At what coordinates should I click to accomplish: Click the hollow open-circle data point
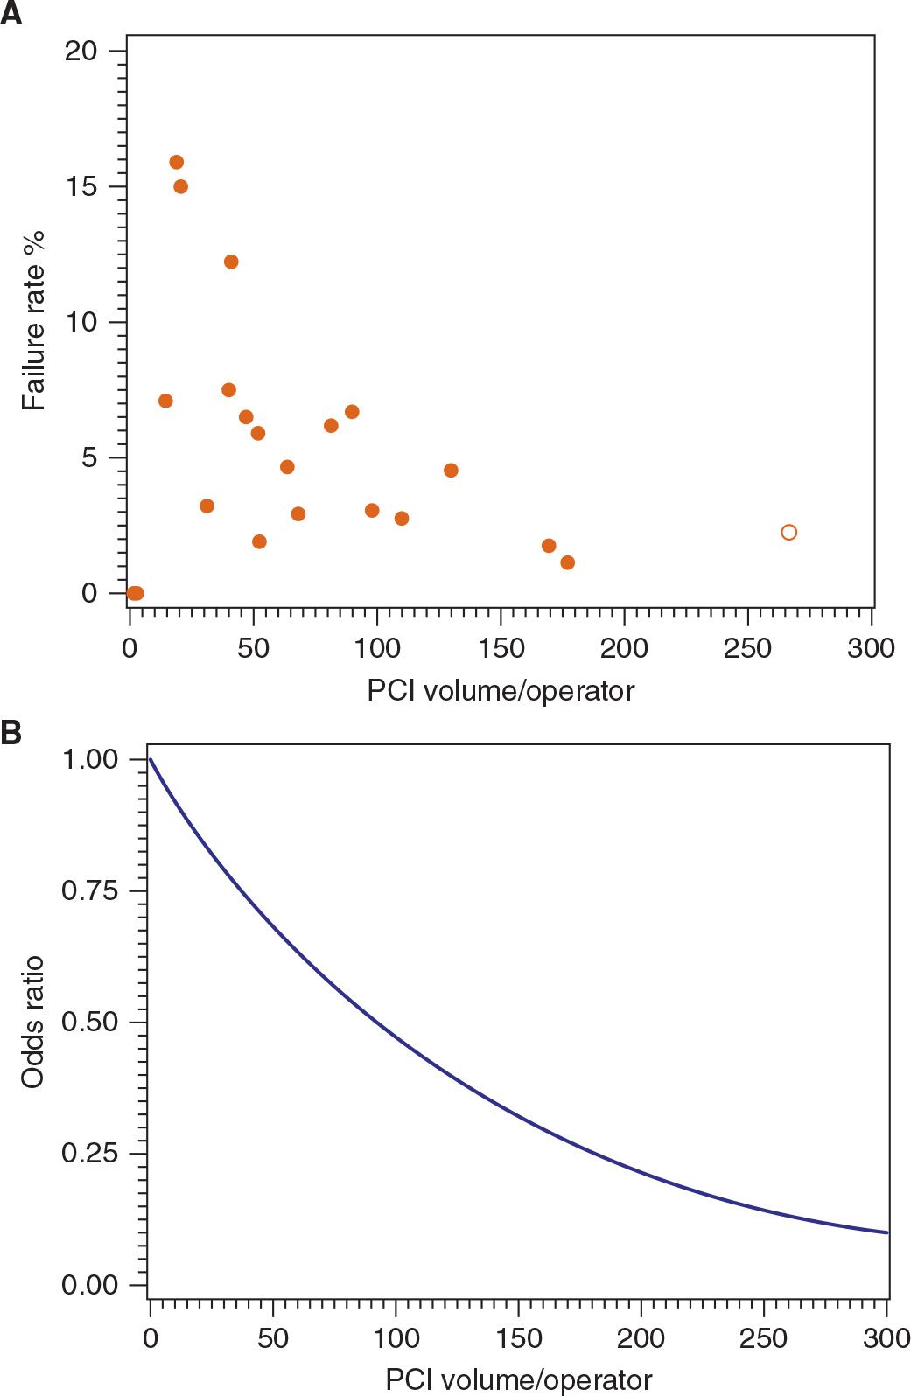click(788, 533)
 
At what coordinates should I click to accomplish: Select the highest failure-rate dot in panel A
click(177, 163)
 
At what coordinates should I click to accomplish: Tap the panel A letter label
click(11, 15)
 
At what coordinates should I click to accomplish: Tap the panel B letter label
click(11, 732)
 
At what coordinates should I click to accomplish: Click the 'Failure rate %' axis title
click(33, 321)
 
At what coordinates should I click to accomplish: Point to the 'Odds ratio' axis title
click(33, 1022)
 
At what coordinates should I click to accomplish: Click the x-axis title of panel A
click(501, 691)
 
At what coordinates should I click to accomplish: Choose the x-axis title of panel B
click(519, 1380)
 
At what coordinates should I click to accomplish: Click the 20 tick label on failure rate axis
click(81, 51)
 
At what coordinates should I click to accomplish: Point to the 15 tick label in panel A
click(81, 186)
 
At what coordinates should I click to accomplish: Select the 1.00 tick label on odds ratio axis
click(89, 759)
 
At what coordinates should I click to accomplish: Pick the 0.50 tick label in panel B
click(89, 1022)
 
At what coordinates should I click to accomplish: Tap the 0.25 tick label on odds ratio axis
click(89, 1153)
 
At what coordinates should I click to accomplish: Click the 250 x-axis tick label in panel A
click(747, 649)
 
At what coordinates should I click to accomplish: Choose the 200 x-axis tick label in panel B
click(641, 1338)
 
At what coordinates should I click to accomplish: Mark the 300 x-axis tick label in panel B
click(886, 1338)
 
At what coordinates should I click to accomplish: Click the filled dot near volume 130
click(451, 471)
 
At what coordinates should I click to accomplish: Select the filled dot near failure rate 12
click(231, 262)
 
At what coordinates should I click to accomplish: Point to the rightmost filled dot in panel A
click(567, 562)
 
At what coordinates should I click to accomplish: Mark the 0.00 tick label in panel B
click(89, 1285)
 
